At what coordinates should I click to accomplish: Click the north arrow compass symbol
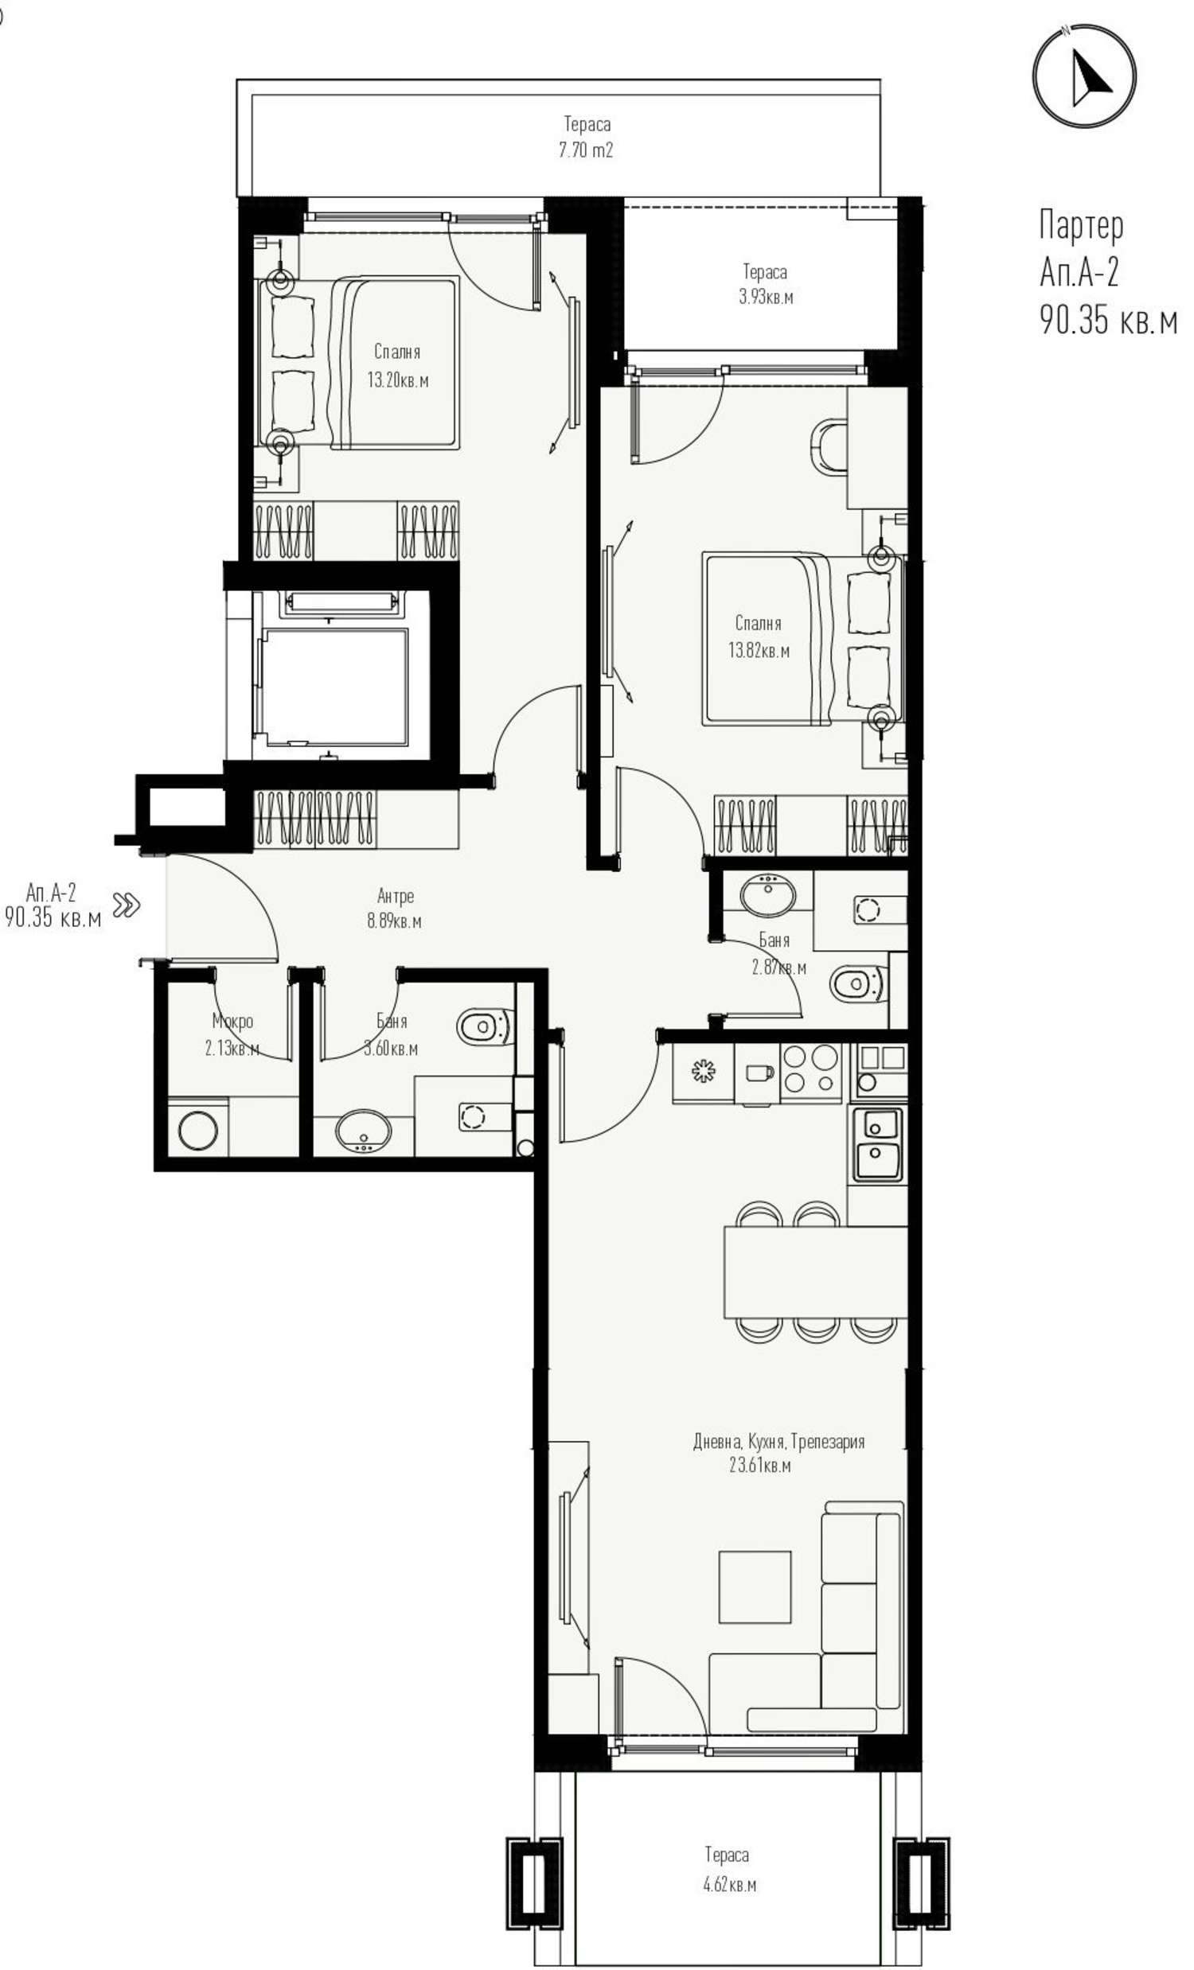pyautogui.click(x=1083, y=76)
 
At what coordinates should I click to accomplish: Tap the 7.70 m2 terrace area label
pyautogui.click(x=586, y=150)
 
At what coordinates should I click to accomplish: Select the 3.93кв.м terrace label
pyautogui.click(x=765, y=298)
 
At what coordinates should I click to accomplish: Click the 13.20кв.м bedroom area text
pyautogui.click(x=397, y=380)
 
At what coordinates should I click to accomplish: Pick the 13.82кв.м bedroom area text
pyautogui.click(x=758, y=651)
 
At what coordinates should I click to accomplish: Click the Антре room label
pyautogui.click(x=395, y=896)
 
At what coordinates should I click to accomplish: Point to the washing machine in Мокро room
pyautogui.click(x=197, y=1131)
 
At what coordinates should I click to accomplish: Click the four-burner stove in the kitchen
pyautogui.click(x=810, y=1070)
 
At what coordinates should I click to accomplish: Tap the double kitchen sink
pyautogui.click(x=876, y=1143)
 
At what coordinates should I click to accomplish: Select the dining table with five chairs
pyautogui.click(x=815, y=1270)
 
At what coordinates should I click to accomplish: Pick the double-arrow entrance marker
pyautogui.click(x=127, y=905)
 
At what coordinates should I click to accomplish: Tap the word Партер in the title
pyautogui.click(x=1081, y=226)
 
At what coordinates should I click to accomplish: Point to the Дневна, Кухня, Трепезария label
pyautogui.click(x=778, y=1442)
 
